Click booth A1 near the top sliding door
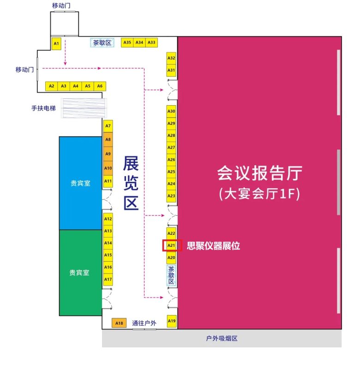tap(56, 43)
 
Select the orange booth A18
tap(119, 323)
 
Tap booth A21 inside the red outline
tap(171, 245)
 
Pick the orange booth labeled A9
tap(108, 154)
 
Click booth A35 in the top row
tap(127, 42)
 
